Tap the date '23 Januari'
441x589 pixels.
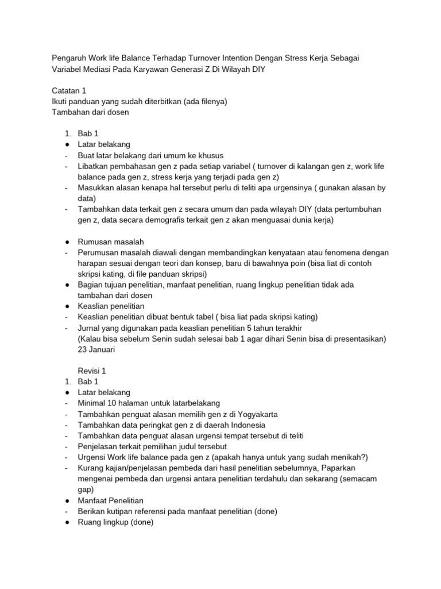[96, 349]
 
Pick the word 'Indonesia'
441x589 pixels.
[247, 425]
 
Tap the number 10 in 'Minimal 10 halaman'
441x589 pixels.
[113, 403]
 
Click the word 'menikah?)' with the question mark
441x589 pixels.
[350, 457]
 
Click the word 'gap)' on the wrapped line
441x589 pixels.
[86, 489]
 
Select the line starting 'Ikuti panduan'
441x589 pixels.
[140, 101]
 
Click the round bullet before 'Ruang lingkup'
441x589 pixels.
[67, 522]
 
